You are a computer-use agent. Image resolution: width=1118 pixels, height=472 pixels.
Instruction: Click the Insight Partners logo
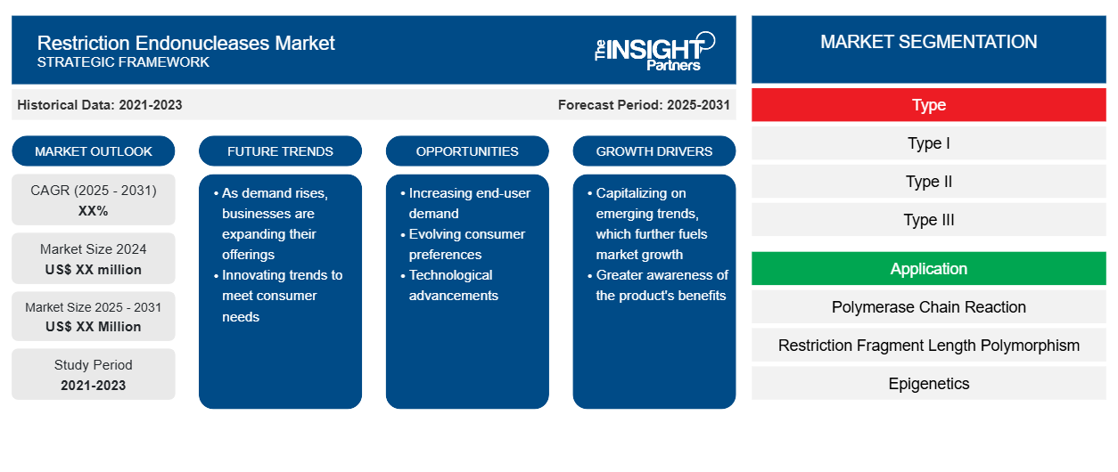coord(654,52)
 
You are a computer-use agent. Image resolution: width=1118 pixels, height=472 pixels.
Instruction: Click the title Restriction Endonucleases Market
coord(185,44)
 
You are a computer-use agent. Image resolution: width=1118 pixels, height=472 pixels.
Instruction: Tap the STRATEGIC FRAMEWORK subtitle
coord(123,62)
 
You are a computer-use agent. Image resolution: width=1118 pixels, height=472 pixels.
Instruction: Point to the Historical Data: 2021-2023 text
coord(100,105)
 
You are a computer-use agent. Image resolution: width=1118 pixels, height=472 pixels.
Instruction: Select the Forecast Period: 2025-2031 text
coord(644,105)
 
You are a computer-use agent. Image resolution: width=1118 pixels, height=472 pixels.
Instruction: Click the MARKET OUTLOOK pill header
coord(94,151)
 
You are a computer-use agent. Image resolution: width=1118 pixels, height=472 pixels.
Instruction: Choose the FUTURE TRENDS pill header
coord(280,151)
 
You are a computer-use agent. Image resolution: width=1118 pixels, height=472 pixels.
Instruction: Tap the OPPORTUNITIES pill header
coord(467,151)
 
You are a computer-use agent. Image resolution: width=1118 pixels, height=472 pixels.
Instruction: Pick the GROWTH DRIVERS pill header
coord(654,151)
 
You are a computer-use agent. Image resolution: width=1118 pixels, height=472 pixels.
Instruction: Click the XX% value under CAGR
coord(94,211)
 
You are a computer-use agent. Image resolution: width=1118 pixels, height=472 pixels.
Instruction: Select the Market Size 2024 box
coord(94,258)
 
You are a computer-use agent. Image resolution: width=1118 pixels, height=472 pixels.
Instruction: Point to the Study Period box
coord(94,374)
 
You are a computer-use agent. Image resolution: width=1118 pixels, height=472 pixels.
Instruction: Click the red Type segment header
coord(929,105)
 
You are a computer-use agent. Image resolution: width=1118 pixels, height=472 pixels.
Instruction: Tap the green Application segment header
coord(929,269)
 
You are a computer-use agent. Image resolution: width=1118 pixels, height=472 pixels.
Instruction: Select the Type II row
coord(929,182)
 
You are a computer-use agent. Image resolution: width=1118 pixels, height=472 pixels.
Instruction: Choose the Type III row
coord(929,220)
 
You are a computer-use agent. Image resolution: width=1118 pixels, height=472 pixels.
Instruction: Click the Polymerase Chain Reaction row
coord(929,307)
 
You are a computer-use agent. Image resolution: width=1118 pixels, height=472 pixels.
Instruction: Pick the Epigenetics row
coord(929,383)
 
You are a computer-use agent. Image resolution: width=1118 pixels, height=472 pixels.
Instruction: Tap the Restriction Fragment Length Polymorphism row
coord(929,346)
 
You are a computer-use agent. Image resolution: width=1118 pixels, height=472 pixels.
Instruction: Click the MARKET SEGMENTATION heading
coord(929,42)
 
